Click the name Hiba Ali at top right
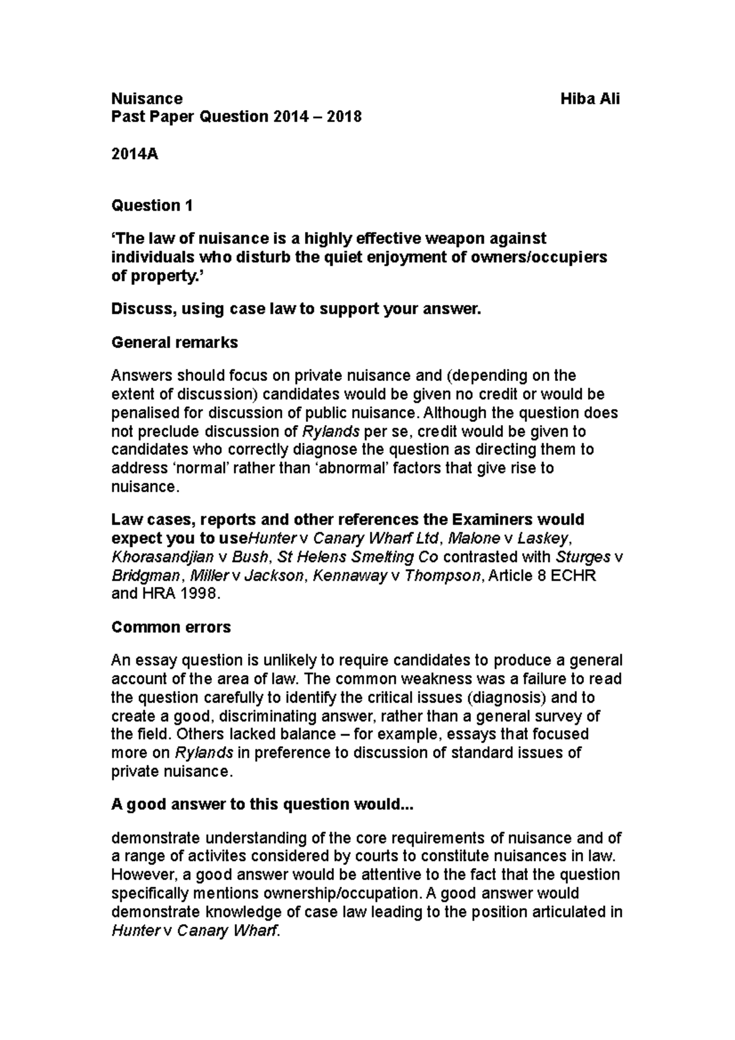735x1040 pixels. pyautogui.click(x=590, y=99)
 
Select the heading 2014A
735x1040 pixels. pyautogui.click(x=134, y=154)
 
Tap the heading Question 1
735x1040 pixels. pyautogui.click(x=151, y=206)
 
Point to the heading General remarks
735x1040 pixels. pyautogui.click(x=174, y=342)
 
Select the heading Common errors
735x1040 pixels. pyautogui.click(x=170, y=627)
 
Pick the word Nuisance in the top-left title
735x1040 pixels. pyautogui.click(x=146, y=99)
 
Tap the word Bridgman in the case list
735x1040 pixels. pyautogui.click(x=146, y=576)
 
